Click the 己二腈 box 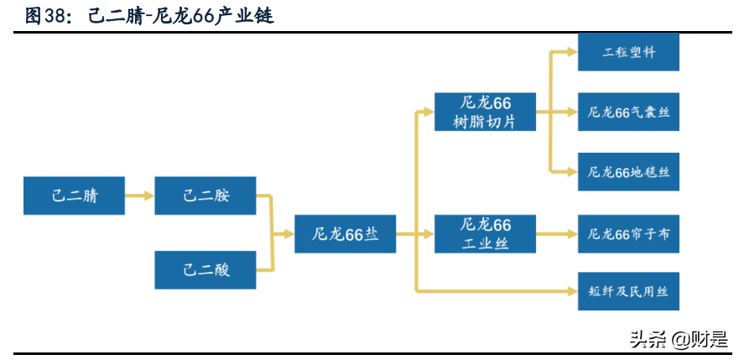point(75,196)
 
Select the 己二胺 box point(206,196)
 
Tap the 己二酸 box point(206,269)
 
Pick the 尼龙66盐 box point(345,233)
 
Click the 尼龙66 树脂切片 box point(485,112)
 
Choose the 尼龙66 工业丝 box point(485,234)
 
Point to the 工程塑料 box point(628,52)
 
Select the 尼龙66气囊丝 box point(628,112)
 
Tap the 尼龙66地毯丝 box point(628,172)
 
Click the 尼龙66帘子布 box point(628,234)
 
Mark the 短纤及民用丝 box point(628,292)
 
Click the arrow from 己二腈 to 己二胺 point(139,196)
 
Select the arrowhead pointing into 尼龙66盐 point(288,233)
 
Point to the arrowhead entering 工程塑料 point(572,52)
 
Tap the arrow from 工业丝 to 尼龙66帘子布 point(556,234)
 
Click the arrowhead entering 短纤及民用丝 point(572,292)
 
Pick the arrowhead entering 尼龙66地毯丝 point(572,172)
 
